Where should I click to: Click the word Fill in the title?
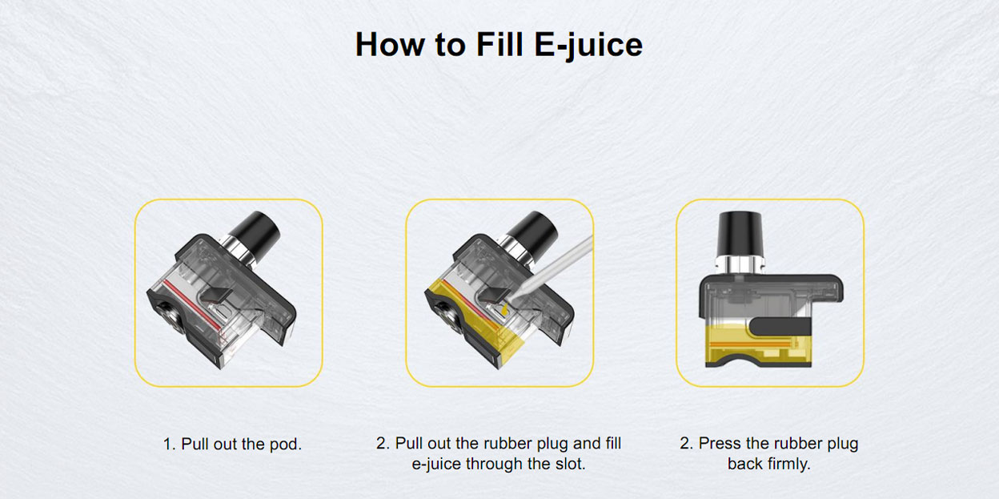coord(499,44)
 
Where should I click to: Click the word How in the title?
coord(390,44)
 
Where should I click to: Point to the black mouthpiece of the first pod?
coord(256,232)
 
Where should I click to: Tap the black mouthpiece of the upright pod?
coord(740,235)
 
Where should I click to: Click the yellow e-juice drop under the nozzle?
coord(504,310)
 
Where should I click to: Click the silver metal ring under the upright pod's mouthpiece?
coord(740,265)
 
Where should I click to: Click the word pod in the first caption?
coord(285,445)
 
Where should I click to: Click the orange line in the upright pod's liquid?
coord(752,344)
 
